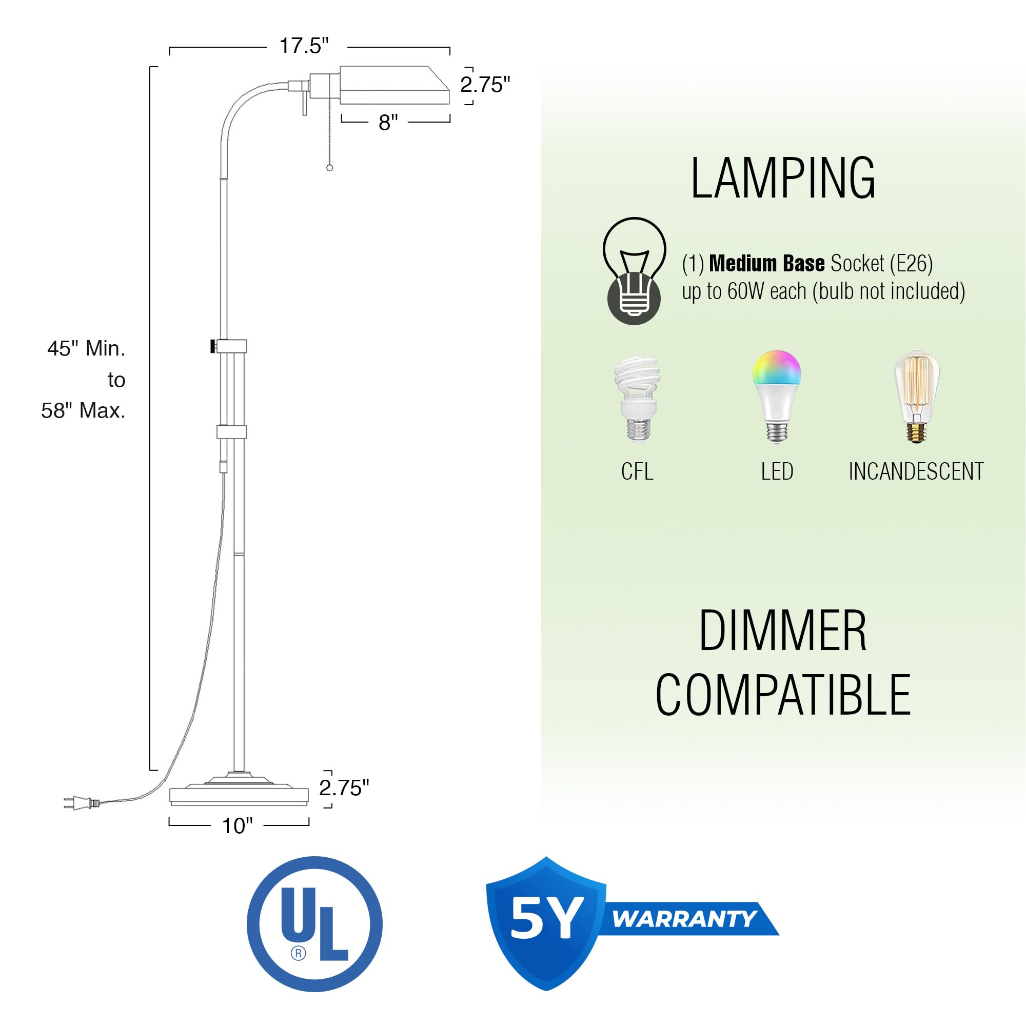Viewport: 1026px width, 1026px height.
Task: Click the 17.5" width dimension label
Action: pyautogui.click(x=304, y=46)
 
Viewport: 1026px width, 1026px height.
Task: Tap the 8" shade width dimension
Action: pyautogui.click(x=388, y=123)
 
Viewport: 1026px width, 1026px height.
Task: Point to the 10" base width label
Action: pyautogui.click(x=237, y=826)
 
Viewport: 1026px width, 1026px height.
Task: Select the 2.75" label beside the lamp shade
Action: pyautogui.click(x=485, y=85)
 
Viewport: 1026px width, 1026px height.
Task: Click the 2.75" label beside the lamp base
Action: pyautogui.click(x=344, y=788)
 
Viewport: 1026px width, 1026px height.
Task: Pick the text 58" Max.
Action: pyautogui.click(x=84, y=410)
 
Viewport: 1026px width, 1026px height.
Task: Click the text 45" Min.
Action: pyautogui.click(x=87, y=349)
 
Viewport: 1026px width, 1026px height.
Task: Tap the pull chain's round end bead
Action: pyautogui.click(x=329, y=168)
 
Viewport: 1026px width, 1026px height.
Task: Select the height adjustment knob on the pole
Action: pyautogui.click(x=212, y=346)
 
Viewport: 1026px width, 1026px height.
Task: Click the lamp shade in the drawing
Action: pyautogui.click(x=394, y=85)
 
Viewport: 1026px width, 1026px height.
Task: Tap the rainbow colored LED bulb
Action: pyautogui.click(x=776, y=396)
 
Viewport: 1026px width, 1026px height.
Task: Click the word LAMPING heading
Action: pyautogui.click(x=783, y=179)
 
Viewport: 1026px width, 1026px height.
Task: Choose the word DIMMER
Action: pyautogui.click(x=782, y=632)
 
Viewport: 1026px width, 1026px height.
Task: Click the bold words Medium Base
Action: pyautogui.click(x=766, y=263)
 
